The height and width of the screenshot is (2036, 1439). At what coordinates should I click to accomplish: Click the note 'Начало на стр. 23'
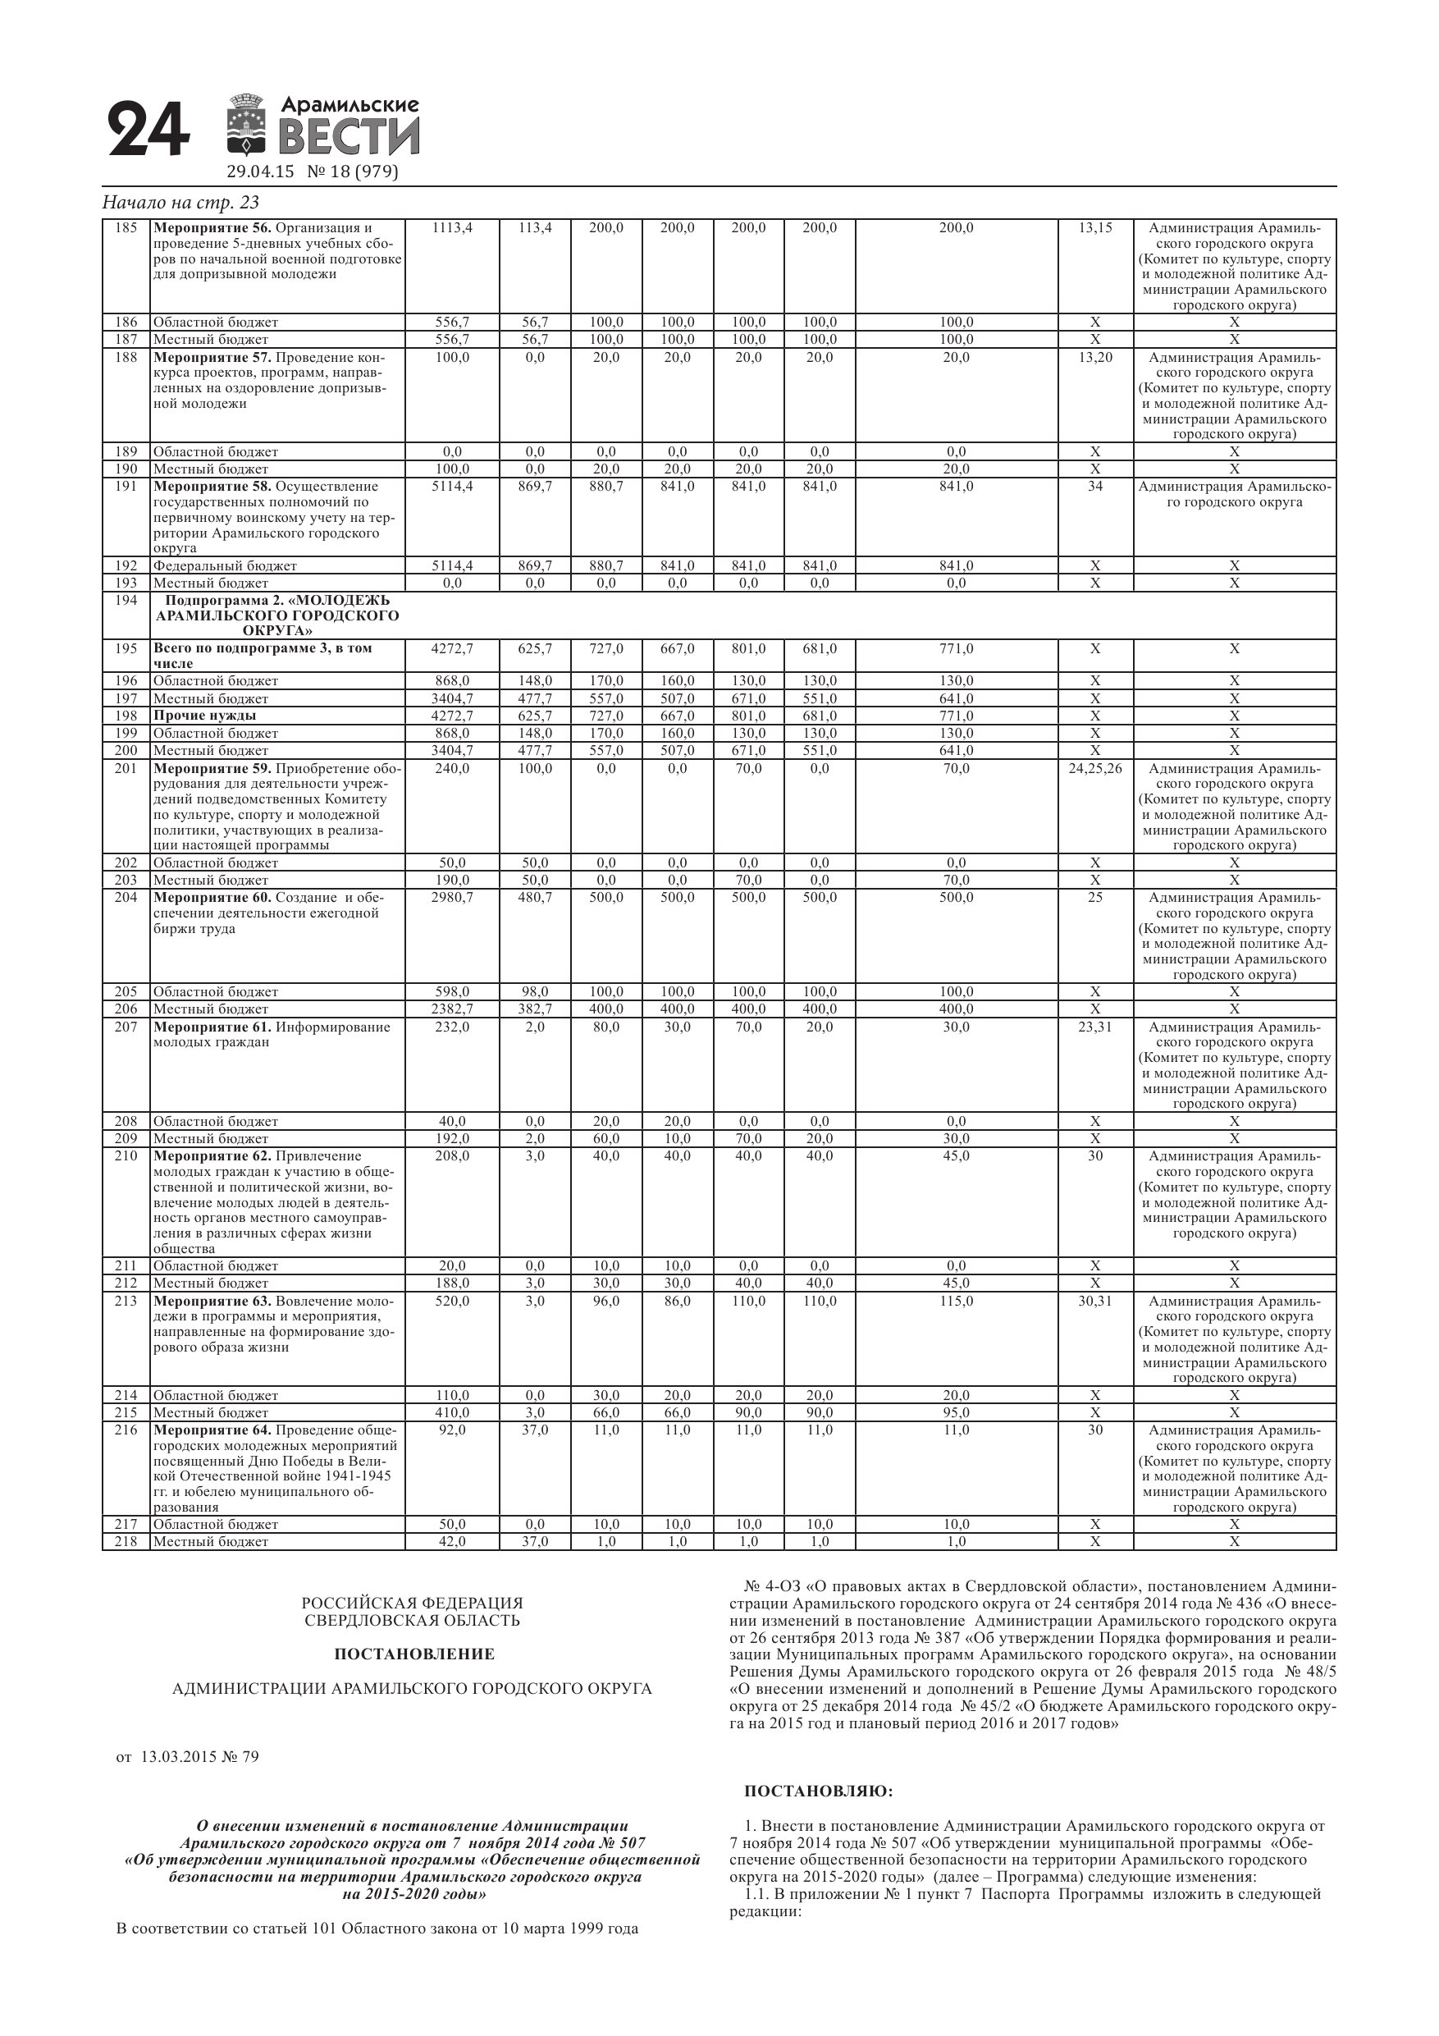point(180,202)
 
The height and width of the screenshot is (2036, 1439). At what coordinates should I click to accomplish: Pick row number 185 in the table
point(126,228)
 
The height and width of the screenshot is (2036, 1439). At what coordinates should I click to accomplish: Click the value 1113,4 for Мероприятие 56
point(452,228)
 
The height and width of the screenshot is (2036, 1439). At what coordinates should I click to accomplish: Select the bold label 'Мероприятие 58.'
point(212,486)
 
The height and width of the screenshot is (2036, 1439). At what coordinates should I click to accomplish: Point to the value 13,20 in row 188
point(1095,357)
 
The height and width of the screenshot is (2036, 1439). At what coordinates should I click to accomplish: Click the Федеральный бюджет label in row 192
point(226,565)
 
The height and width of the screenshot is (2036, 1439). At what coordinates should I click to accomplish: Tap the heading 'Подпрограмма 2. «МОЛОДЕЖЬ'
point(276,601)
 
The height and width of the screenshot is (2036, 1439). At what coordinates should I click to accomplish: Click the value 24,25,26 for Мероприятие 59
point(1095,768)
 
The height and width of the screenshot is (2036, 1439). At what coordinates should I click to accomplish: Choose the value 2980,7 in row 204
point(452,898)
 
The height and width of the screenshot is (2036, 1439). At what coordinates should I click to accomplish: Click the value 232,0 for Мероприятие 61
point(452,1027)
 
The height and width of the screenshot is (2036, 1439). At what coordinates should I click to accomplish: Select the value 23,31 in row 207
point(1095,1027)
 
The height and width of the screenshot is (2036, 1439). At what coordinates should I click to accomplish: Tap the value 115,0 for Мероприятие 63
point(956,1301)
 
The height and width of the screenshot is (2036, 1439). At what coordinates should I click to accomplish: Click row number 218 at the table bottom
point(126,1541)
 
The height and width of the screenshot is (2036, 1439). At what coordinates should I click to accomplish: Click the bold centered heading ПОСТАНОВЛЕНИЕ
point(414,1654)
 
